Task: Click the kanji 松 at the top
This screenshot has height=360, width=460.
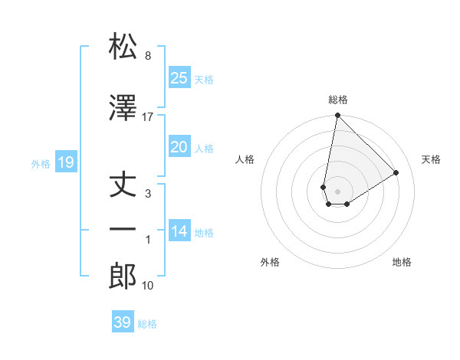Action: coord(123,47)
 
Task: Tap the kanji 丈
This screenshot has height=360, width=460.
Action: coord(123,183)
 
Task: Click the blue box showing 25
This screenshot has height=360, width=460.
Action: coord(179,77)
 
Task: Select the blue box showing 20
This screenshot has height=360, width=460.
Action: coord(179,147)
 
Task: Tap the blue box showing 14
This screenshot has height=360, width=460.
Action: coord(179,231)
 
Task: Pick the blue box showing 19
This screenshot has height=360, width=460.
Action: coord(65,162)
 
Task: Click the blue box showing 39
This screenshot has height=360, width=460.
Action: coord(123,322)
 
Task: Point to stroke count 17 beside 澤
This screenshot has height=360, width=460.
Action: coord(148,116)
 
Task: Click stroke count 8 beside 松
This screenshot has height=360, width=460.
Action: coord(147,57)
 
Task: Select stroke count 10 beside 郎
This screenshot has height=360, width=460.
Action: coord(148,286)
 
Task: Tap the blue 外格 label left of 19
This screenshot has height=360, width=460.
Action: coord(41,163)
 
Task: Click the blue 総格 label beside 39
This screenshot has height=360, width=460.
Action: coord(147,324)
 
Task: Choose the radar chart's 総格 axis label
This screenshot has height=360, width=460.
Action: coord(337,100)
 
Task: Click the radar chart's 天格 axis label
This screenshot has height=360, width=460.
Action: coord(431,159)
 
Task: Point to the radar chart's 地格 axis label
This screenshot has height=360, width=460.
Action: coord(402,262)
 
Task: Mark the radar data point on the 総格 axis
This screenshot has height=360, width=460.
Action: coord(337,116)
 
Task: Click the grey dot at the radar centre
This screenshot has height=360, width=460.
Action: coord(337,191)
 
